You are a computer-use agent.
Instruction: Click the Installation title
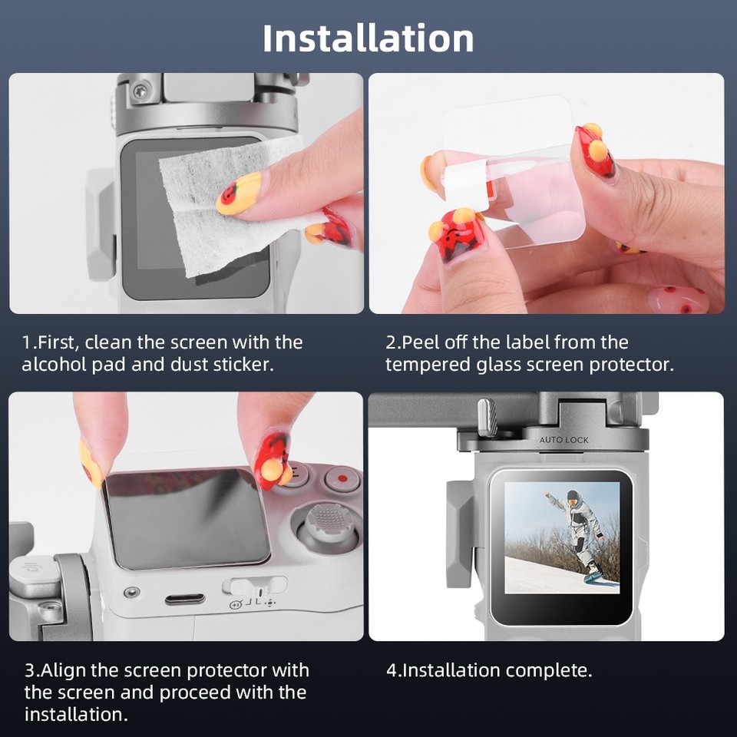click(x=368, y=38)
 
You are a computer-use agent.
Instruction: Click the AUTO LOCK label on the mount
click(x=563, y=440)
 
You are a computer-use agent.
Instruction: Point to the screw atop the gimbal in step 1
click(x=140, y=91)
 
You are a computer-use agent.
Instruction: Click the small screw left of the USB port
click(x=133, y=593)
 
